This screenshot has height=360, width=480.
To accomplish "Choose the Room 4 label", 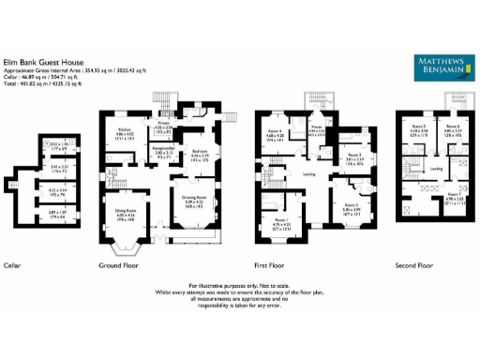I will (274, 130).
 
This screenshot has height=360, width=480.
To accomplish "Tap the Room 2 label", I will (350, 203).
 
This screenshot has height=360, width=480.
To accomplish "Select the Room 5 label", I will (417, 126).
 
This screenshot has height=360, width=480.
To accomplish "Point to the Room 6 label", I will (453, 126).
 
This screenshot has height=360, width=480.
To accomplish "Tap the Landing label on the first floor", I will (308, 173).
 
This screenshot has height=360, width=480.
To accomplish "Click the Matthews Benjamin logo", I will (440, 64).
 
